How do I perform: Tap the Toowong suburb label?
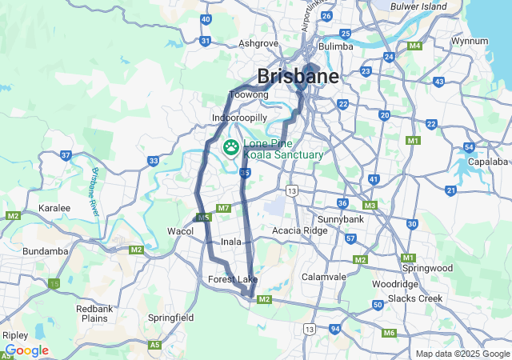(248, 95)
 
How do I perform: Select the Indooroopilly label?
(239, 118)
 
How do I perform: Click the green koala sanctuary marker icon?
(231, 146)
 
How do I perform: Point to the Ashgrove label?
(258, 44)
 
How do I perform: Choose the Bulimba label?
(335, 46)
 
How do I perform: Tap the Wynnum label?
(470, 40)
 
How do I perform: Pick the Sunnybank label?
(341, 218)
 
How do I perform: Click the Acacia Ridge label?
(299, 231)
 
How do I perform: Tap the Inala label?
(231, 241)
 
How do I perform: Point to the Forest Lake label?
(233, 279)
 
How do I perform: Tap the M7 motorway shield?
(223, 209)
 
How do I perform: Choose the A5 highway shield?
(155, 345)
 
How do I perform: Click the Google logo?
(26, 350)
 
